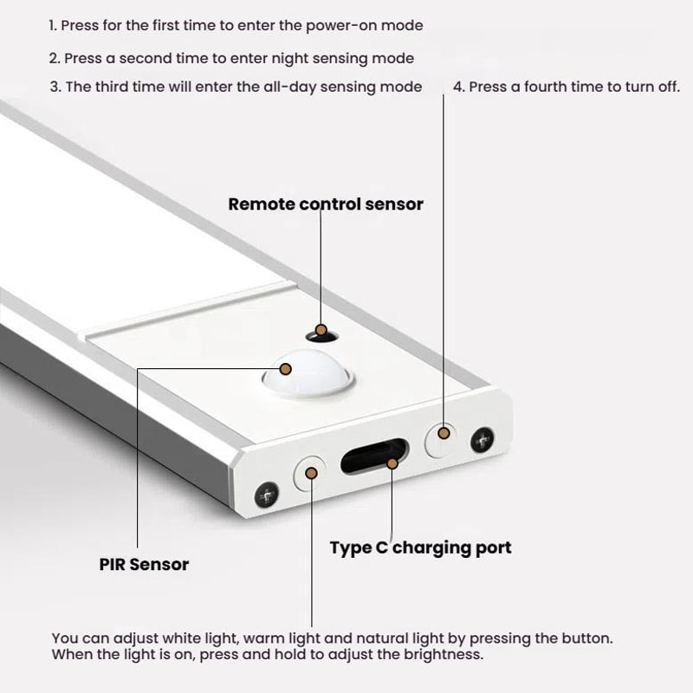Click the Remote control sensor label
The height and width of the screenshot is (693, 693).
coord(326,204)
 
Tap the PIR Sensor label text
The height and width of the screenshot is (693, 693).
coord(144,565)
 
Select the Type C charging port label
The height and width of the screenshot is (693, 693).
coord(420,547)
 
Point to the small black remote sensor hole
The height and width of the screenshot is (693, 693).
coord(320,332)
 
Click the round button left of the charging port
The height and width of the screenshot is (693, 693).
coord(309,473)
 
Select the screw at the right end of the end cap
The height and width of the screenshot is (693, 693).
coord(481,441)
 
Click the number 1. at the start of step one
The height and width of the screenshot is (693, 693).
coord(54,26)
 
